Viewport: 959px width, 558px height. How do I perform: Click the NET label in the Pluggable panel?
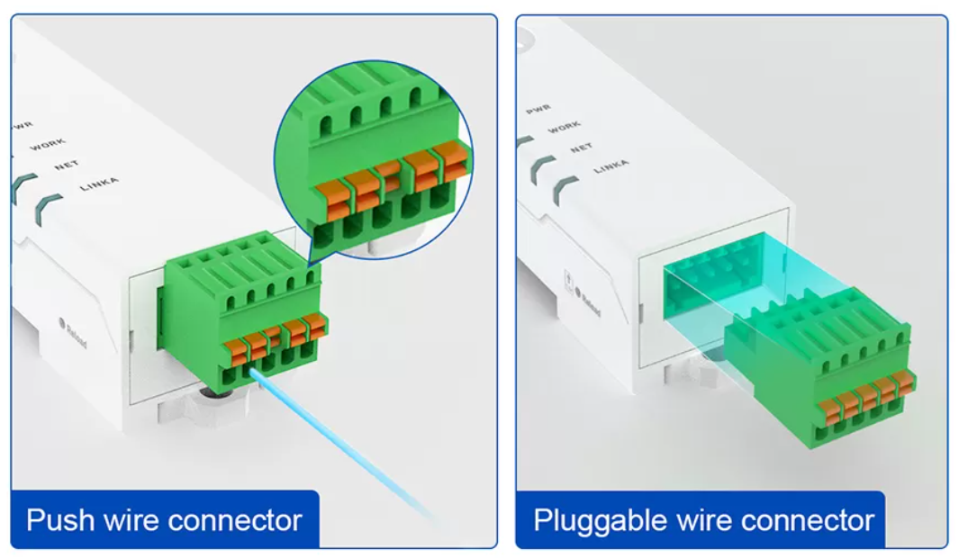point(582,148)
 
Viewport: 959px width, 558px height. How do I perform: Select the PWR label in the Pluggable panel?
point(538,109)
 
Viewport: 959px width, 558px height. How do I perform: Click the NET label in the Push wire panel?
point(67,165)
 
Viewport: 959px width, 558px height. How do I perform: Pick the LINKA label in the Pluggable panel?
point(611,167)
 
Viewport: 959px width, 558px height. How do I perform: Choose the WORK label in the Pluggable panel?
point(565,128)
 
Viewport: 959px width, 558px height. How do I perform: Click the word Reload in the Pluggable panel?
point(591,301)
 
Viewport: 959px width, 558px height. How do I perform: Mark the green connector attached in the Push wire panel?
point(243,315)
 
